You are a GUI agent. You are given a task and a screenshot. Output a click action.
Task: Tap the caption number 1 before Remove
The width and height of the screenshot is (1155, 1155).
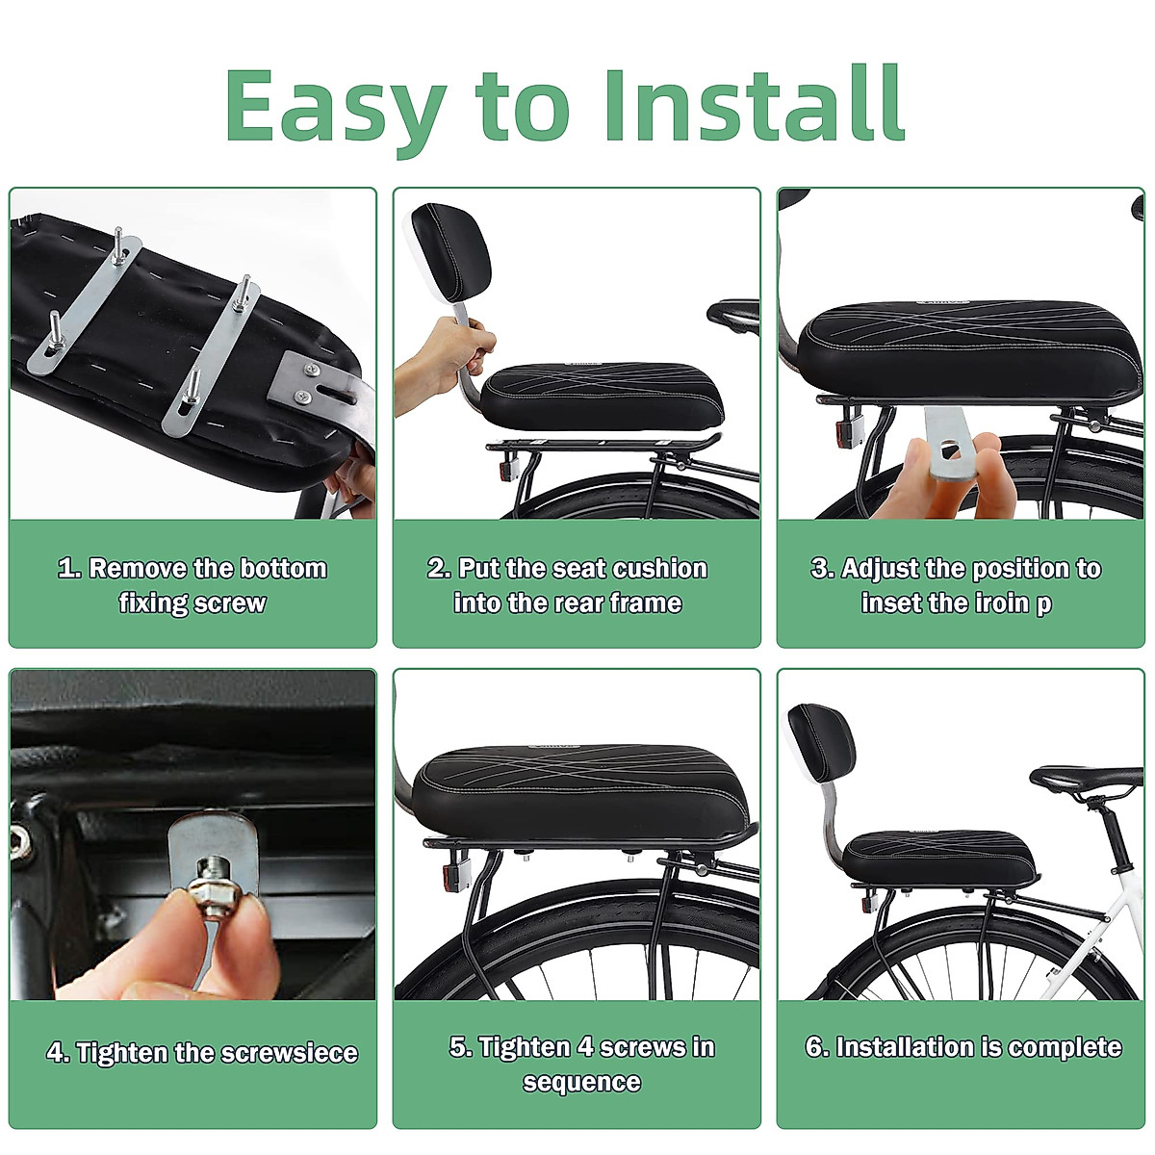[67, 568]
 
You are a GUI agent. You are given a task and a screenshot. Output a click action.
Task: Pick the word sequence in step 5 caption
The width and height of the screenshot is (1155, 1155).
[581, 1082]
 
